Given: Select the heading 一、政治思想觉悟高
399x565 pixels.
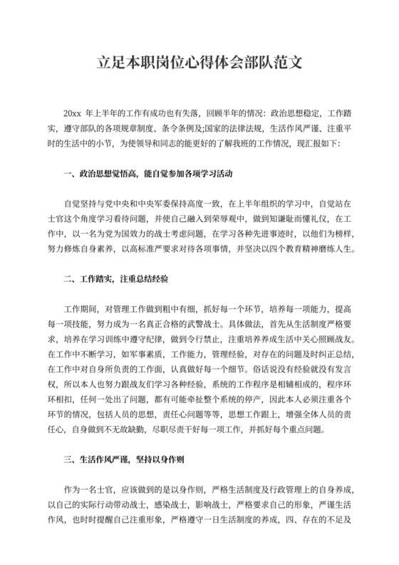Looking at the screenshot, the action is click(x=99, y=173).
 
